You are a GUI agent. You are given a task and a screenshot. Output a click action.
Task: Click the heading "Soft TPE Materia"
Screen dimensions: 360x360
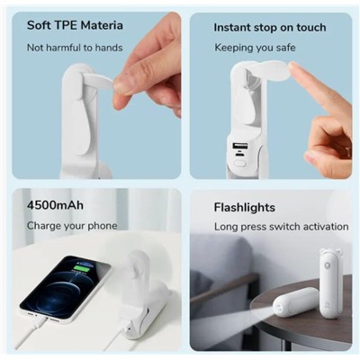75,25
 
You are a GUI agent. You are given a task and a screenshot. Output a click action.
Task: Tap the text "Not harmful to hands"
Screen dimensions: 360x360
75,48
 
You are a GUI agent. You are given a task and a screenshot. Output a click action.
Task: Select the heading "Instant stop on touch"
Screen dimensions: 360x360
270,27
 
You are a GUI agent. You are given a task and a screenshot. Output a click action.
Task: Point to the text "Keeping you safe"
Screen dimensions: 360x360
255,48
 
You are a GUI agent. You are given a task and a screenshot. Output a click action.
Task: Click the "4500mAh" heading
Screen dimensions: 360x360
55,205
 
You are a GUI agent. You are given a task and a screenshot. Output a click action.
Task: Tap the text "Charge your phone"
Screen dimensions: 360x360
72,226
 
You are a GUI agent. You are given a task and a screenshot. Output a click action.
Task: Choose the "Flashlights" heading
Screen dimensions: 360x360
245,207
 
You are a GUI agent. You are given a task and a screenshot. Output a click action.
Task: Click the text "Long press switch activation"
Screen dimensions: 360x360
282,227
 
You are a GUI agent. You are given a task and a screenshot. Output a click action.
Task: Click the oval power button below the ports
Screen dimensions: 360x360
240,164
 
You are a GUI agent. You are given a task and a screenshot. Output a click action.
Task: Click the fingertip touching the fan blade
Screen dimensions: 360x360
295,69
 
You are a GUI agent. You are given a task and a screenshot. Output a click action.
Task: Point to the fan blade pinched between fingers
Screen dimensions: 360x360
98,82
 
